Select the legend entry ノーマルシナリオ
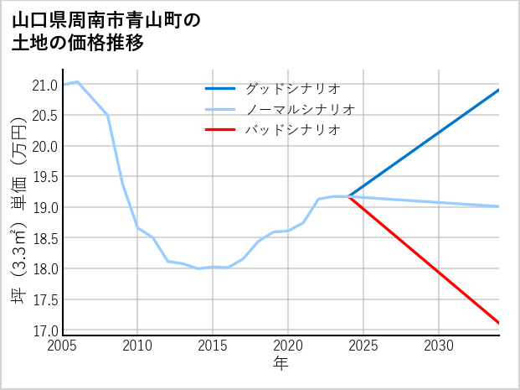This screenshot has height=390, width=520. tap(300, 109)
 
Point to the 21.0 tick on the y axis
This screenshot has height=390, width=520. tap(44, 85)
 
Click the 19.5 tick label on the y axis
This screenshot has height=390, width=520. tap(44, 177)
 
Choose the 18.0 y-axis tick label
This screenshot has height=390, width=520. tap(44, 269)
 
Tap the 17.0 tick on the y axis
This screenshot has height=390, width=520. tap(44, 330)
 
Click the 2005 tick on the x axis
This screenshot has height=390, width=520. tap(63, 346)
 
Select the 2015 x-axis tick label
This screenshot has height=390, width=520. tap(213, 346)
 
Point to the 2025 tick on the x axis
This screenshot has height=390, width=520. tap(363, 346)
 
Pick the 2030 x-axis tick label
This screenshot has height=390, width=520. tap(439, 346)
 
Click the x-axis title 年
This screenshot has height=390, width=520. tap(281, 363)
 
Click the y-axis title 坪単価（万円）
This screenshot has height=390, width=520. tap(18, 207)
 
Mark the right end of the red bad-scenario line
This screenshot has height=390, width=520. tap(499, 323)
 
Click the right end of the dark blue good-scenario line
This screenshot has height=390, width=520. tap(499, 90)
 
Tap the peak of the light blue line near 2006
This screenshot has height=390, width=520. tap(78, 81)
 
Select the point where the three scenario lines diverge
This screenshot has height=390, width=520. tap(348, 196)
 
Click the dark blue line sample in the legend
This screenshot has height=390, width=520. tap(221, 88)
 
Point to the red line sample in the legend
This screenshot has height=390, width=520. tap(221, 130)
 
